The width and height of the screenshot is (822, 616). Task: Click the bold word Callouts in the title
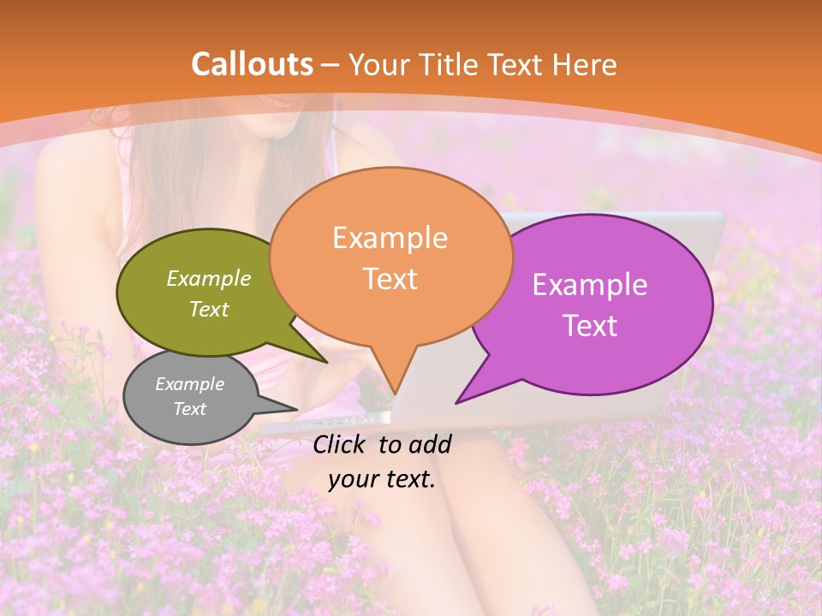[252, 64]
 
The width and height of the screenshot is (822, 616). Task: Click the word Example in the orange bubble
[390, 238]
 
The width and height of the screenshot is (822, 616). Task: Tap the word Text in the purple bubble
[589, 326]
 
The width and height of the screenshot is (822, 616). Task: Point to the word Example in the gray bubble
[189, 384]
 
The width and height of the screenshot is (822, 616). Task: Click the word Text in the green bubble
[208, 310]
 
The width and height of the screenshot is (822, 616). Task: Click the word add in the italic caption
[430, 444]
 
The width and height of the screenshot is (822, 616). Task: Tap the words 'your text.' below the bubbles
[382, 479]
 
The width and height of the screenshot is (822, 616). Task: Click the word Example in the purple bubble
[589, 285]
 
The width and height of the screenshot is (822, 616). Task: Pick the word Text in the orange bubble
[390, 279]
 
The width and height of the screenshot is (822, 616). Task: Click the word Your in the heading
[379, 64]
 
